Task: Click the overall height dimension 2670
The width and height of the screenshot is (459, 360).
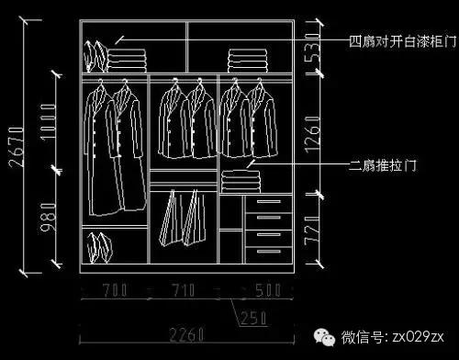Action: point(14,144)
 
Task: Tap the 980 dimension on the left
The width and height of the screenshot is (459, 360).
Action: point(49,219)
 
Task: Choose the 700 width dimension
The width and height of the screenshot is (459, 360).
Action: point(114,291)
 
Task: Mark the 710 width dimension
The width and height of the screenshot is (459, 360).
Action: point(184,291)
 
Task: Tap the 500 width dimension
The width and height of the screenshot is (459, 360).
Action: point(268,291)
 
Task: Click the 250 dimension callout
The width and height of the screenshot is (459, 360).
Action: point(252,318)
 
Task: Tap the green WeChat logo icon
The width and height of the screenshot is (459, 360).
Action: point(324,337)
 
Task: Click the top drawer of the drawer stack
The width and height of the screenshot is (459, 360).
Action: point(268,203)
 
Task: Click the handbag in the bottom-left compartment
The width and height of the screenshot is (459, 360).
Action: point(98,248)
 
